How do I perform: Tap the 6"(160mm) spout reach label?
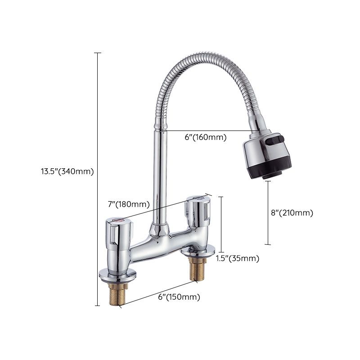(205, 137)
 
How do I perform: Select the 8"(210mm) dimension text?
(292, 213)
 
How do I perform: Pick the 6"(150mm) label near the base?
(179, 297)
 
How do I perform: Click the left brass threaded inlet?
(114, 292)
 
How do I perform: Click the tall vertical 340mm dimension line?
(97, 180)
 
